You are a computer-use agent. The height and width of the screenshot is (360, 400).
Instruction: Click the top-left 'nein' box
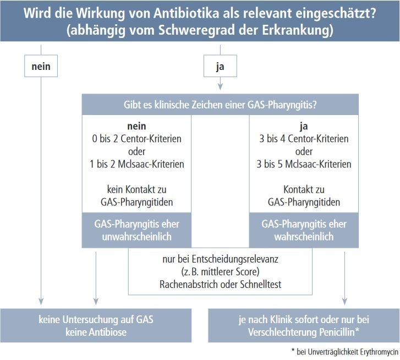[x=41, y=66]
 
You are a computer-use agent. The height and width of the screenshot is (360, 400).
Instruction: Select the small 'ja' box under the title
[x=220, y=66]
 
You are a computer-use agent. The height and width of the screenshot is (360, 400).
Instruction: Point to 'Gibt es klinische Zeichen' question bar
[x=220, y=105]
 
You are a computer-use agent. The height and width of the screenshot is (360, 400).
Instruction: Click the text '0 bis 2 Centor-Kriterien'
[x=137, y=139]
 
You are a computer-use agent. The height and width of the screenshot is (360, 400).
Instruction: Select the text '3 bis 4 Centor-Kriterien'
[x=304, y=139]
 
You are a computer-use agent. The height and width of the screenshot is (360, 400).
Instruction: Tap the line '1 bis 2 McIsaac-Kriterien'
[x=137, y=164]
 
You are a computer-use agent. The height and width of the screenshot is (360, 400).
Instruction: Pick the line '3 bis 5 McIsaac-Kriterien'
[x=304, y=164]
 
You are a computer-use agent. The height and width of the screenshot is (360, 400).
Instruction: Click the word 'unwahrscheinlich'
[x=137, y=237]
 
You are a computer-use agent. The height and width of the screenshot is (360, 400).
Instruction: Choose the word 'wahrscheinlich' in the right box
[x=304, y=237]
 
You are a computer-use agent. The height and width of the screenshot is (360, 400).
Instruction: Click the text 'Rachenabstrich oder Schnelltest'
[x=221, y=284]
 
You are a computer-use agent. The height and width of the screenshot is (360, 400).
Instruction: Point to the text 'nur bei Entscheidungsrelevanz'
[x=221, y=259]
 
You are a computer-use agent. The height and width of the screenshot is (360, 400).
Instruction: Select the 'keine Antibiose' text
[x=96, y=332]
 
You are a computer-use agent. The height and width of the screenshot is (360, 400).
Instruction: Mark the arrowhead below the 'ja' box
[x=220, y=87]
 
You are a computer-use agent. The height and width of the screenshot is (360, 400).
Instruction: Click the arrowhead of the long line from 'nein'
[x=41, y=301]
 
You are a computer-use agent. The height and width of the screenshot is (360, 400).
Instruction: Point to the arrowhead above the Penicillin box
[x=344, y=301]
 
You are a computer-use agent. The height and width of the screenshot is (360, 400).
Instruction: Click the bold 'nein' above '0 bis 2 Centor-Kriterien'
[x=137, y=126]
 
